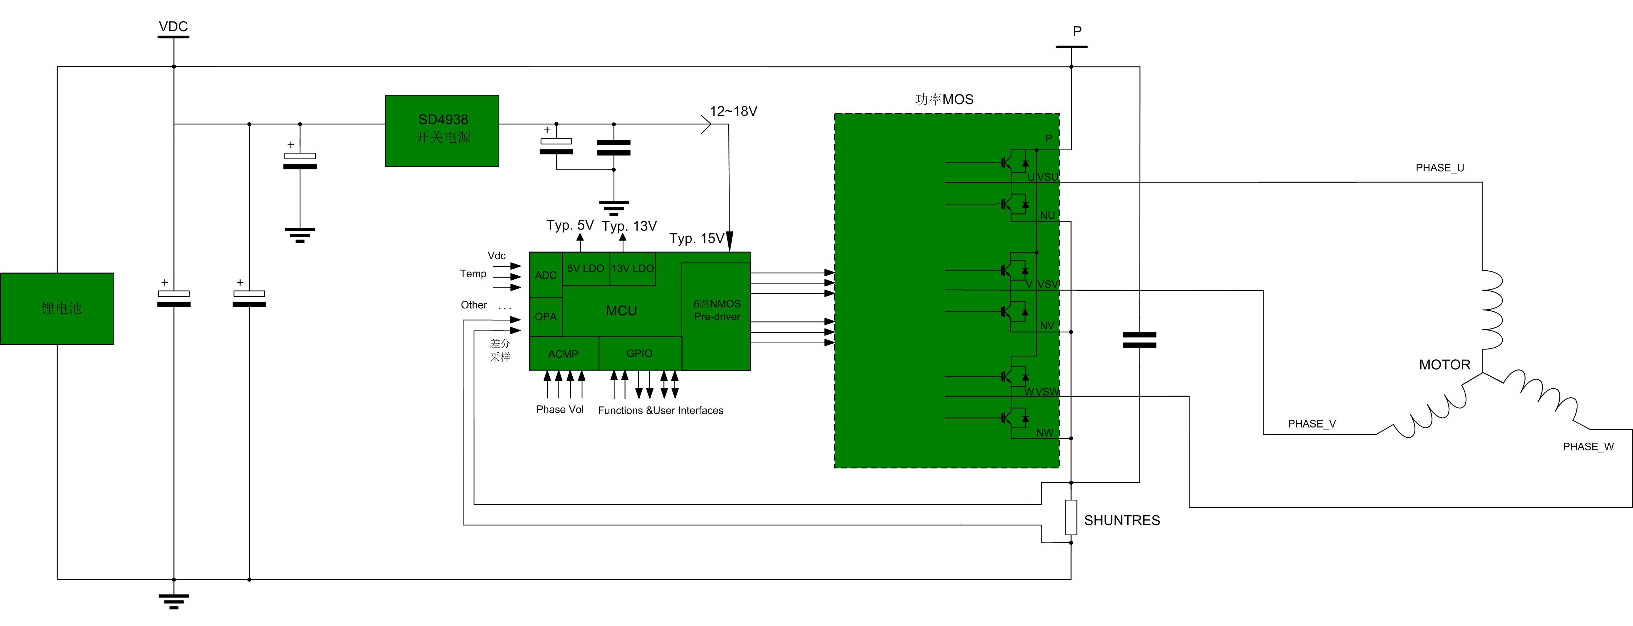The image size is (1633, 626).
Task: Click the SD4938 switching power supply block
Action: click(442, 131)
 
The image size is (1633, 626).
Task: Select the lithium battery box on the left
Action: click(57, 308)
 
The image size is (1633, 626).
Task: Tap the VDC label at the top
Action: click(173, 26)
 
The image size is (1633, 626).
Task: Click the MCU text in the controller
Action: click(621, 311)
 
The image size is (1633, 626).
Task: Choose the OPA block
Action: click(545, 316)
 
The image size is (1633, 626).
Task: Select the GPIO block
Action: click(639, 353)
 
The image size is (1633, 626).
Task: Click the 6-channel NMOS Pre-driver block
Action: click(716, 310)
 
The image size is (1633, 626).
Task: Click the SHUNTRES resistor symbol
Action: click(1071, 517)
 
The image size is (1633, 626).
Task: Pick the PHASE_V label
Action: click(1311, 424)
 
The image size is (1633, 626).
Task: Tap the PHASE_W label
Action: click(1588, 446)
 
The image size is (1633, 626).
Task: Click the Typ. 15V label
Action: click(696, 238)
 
